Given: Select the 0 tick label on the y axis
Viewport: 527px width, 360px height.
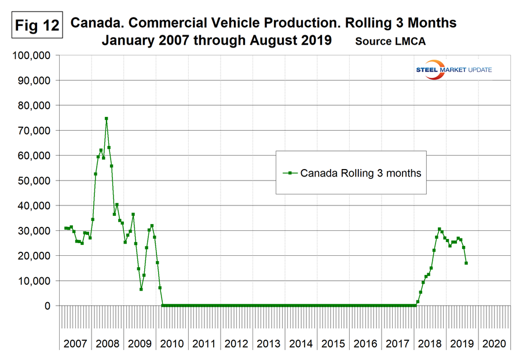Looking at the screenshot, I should tap(49, 306).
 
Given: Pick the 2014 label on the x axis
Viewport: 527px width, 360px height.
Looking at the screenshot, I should tap(301, 343).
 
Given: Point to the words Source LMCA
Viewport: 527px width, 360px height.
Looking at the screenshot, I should tap(389, 42).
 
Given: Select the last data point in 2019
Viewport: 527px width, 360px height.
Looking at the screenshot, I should tap(466, 263).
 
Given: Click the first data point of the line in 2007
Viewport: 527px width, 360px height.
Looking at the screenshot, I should tap(65, 229).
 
